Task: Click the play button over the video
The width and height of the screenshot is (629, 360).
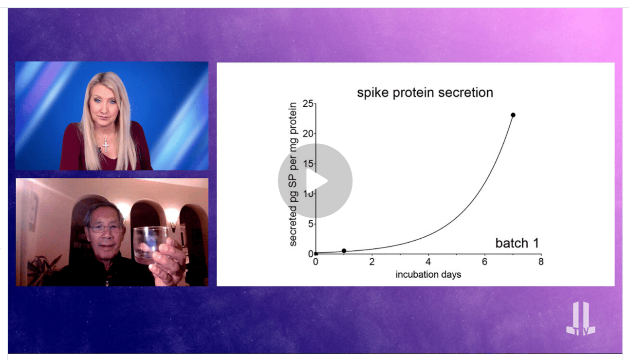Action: point(315,181)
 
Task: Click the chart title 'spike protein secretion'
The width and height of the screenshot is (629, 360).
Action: point(425,93)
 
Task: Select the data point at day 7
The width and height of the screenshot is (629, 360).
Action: point(513,115)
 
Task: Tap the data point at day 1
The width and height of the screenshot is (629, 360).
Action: point(344,251)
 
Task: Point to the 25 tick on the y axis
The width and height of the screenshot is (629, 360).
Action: point(308,104)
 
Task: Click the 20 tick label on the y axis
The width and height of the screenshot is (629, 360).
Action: point(308,134)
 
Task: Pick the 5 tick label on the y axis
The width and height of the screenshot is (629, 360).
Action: point(311,224)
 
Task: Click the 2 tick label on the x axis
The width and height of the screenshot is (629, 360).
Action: point(372,262)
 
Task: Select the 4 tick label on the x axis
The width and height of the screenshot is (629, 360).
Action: point(428,262)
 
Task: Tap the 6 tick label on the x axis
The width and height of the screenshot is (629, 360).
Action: point(485,262)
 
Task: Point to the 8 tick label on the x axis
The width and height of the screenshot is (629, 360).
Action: point(541,262)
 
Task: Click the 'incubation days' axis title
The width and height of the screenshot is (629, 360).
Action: point(428,275)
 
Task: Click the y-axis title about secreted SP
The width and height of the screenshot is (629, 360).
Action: point(293,174)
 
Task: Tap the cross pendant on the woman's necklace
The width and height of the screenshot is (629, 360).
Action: point(106,146)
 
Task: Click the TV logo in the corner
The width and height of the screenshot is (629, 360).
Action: point(581,319)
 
